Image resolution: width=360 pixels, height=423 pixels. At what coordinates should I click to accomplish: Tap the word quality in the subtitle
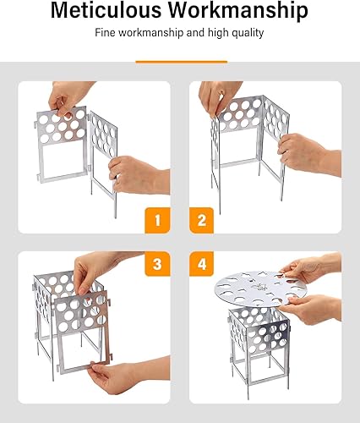click(246, 34)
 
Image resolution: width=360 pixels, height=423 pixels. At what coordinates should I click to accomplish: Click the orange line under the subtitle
click(180, 61)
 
